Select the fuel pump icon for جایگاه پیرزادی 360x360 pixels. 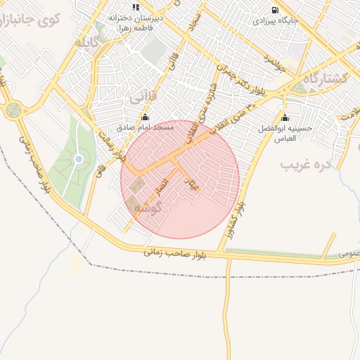(x=274, y=10)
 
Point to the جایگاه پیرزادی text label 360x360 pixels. (x=276, y=21)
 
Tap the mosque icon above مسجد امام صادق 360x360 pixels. (x=146, y=117)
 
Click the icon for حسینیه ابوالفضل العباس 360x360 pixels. (x=285, y=117)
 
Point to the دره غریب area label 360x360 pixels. (x=305, y=166)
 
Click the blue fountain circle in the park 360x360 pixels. (x=79, y=159)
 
